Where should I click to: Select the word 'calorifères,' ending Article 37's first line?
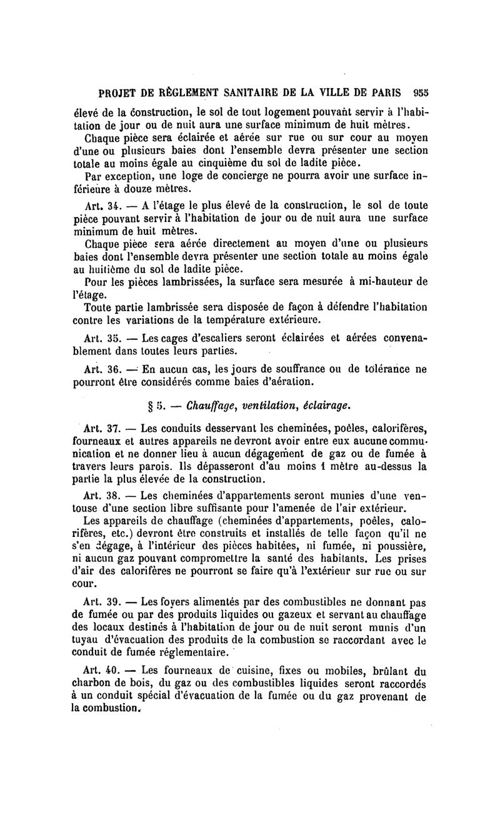pyautogui.click(x=397, y=429)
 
